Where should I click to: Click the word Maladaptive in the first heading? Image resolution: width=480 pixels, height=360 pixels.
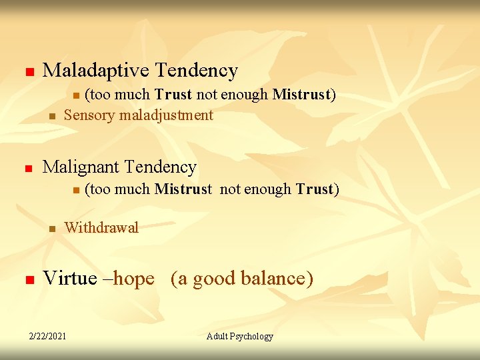pos(96,71)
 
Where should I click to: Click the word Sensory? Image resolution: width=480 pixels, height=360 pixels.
pos(89,115)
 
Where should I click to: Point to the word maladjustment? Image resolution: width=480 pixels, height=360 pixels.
pos(166,115)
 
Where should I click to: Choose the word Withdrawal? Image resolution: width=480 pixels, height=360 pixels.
pos(101,228)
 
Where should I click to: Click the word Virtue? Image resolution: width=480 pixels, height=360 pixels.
pos(69,278)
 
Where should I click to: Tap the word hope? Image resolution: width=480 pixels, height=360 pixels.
pos(134,279)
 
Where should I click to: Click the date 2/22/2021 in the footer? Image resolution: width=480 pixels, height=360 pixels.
pos(47,336)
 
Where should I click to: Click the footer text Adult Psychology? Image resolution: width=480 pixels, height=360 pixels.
pos(240,336)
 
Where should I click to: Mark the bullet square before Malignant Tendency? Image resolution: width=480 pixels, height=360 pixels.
pos(28,169)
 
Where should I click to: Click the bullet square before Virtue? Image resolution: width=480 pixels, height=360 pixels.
pos(28,279)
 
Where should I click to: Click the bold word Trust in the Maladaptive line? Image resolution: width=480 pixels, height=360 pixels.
pos(174,95)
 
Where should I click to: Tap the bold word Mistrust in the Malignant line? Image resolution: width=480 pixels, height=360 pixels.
pos(183,189)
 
